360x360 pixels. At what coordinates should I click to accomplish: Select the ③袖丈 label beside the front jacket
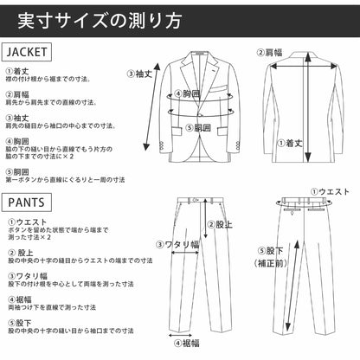tap(139, 74)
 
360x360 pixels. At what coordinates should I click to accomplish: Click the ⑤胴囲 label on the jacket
tap(198, 127)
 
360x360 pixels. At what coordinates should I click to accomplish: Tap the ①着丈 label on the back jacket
tap(289, 143)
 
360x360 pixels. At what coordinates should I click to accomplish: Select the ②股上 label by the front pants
tap(222, 225)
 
